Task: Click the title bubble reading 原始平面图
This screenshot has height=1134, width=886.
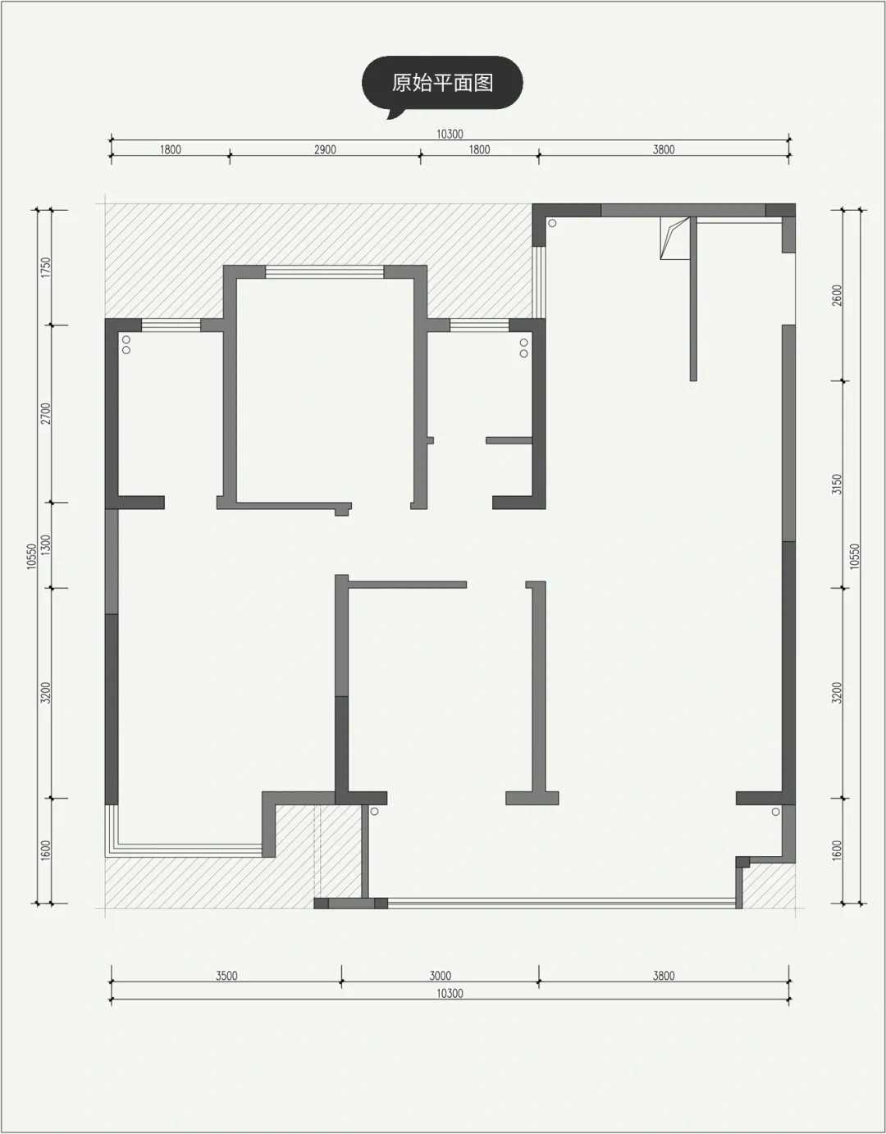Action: pyautogui.click(x=442, y=84)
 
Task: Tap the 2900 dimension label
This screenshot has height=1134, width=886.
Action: pyautogui.click(x=325, y=150)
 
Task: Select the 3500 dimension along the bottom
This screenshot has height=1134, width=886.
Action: pyautogui.click(x=226, y=976)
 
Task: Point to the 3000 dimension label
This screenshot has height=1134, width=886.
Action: pyautogui.click(x=440, y=976)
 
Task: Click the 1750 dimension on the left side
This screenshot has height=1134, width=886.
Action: pyautogui.click(x=46, y=267)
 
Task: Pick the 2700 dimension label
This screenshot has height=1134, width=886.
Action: pyautogui.click(x=46, y=413)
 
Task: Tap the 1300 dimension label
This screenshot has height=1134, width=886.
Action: pyautogui.click(x=46, y=544)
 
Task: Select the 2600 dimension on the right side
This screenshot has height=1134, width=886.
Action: pyautogui.click(x=837, y=295)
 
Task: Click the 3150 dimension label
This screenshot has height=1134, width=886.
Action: pyautogui.click(x=837, y=485)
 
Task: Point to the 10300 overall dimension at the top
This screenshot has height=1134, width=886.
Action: pyautogui.click(x=450, y=134)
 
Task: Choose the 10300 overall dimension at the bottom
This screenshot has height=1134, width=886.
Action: pyautogui.click(x=450, y=993)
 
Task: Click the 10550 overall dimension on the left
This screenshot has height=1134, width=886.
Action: pyautogui.click(x=32, y=556)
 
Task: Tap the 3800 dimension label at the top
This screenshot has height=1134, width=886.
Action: pyautogui.click(x=664, y=150)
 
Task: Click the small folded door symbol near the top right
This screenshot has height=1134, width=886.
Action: pyautogui.click(x=675, y=238)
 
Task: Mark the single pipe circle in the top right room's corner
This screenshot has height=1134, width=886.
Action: pyautogui.click(x=552, y=223)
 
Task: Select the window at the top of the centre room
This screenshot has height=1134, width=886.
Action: pyautogui.click(x=324, y=271)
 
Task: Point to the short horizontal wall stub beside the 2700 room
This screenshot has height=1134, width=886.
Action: pyautogui.click(x=509, y=440)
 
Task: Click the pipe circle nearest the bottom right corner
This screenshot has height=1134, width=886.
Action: pyautogui.click(x=776, y=812)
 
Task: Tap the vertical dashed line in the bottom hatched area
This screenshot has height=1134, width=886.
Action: pyautogui.click(x=314, y=852)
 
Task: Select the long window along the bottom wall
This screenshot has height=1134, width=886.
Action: pyautogui.click(x=562, y=903)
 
